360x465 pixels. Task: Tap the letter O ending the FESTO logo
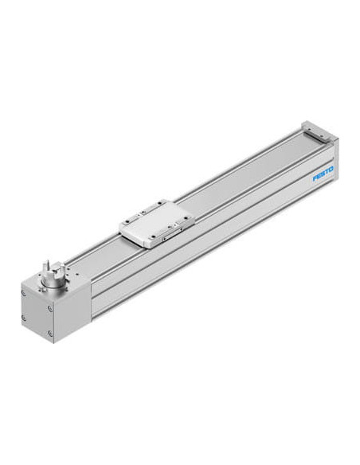coord(331,169)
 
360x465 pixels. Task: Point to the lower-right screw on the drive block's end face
coord(50,334)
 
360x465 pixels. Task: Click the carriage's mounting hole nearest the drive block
coord(127,221)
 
